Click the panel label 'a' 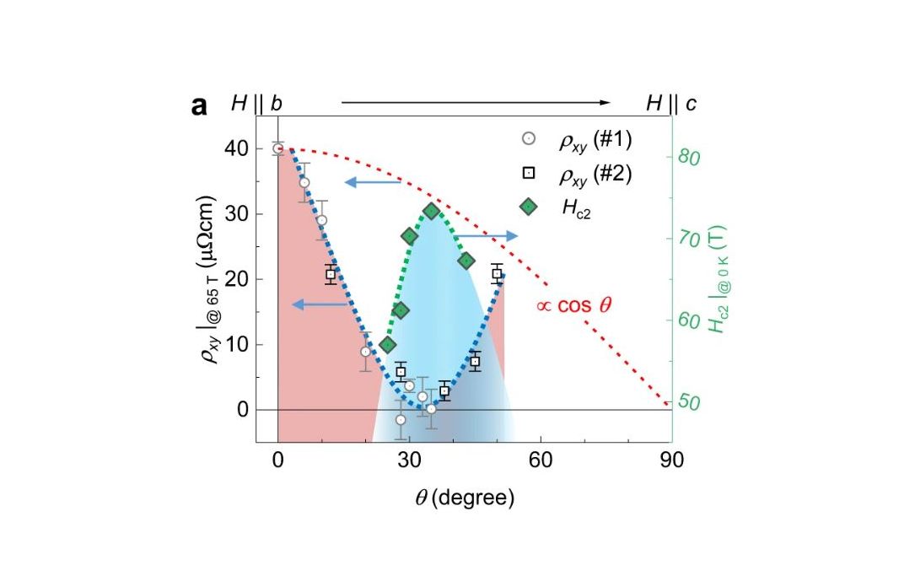point(200,105)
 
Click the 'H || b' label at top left point(256,103)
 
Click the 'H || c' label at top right point(670,103)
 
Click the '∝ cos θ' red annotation point(573,305)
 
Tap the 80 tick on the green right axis point(690,158)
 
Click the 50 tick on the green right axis point(690,403)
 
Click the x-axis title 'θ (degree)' point(464,498)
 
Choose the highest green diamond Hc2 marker point(432,211)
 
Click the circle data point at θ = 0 point(278,148)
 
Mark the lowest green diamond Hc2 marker point(388,345)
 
